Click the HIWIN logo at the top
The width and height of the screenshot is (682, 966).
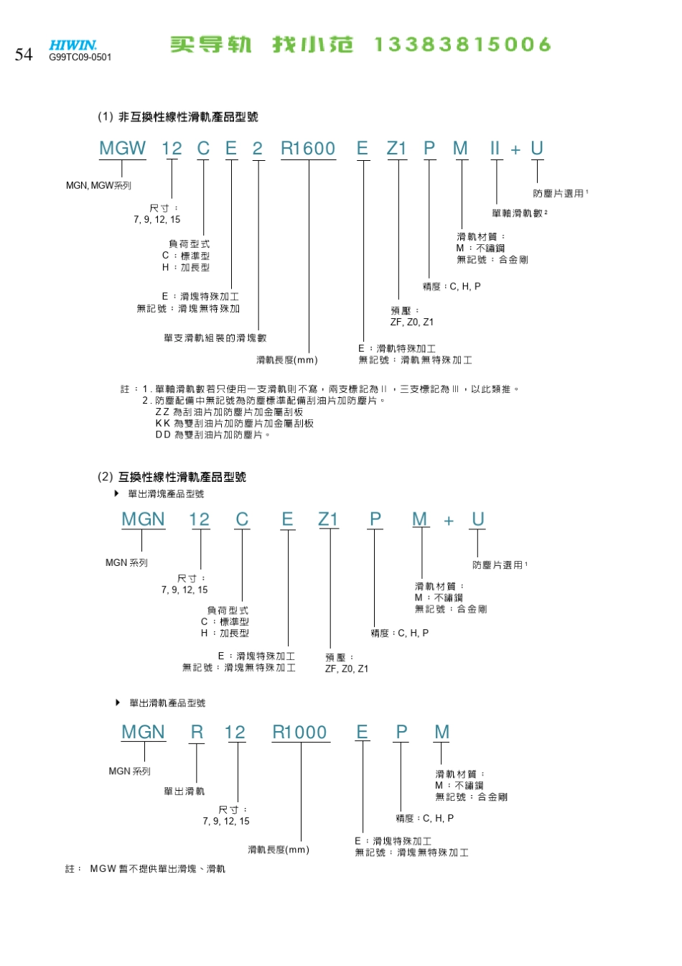click(73, 45)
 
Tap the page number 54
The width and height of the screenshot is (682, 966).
click(24, 55)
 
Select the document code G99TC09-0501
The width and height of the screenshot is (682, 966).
click(80, 57)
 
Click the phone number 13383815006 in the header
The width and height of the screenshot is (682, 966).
click(462, 45)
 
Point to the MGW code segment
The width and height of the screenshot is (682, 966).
click(122, 149)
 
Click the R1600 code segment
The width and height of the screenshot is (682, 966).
click(308, 149)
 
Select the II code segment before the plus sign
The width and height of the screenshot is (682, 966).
click(495, 149)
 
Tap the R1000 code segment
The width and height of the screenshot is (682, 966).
click(300, 733)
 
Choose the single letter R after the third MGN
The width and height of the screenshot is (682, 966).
click(197, 733)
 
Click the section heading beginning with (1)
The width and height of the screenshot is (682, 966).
click(177, 117)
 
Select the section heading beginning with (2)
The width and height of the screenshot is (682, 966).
click(172, 477)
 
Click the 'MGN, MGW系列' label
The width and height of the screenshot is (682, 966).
click(98, 185)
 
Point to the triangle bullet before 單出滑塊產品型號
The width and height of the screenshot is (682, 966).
click(117, 493)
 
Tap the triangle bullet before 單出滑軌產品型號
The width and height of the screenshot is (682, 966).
click(118, 702)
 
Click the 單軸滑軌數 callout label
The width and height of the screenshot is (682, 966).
click(519, 213)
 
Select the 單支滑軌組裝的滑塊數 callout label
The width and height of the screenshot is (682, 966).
click(215, 338)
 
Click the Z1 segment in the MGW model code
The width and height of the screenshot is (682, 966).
click(396, 149)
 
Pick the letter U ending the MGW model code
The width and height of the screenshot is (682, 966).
click(536, 149)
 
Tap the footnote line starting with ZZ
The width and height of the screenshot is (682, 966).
click(229, 412)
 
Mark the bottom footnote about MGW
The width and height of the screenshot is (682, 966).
click(145, 869)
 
